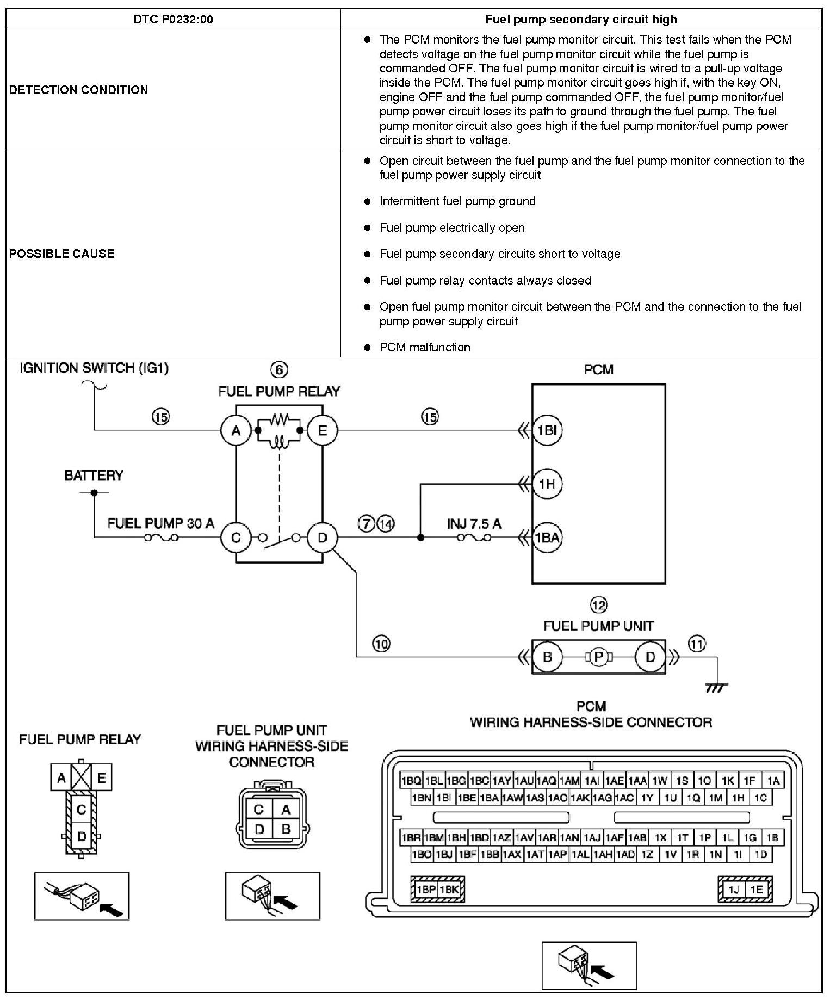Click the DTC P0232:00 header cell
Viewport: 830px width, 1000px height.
tap(173, 20)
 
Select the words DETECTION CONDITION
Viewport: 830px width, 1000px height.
tap(78, 90)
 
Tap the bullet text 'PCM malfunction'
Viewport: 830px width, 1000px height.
tap(424, 347)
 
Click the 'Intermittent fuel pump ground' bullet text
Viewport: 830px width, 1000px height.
tap(457, 201)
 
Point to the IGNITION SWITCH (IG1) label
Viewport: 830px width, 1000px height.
tap(94, 368)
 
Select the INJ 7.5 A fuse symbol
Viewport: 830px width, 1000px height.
tap(474, 538)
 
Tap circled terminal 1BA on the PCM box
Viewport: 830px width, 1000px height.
tap(547, 538)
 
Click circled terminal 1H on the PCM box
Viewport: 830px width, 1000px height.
tap(547, 483)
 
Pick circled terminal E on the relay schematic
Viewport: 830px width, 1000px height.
tap(323, 430)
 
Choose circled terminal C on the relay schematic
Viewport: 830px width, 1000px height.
tap(236, 538)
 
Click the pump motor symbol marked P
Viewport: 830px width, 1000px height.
tap(598, 657)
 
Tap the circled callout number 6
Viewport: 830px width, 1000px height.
tap(279, 370)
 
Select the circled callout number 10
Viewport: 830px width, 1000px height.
tap(381, 644)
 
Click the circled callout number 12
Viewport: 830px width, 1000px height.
tap(598, 604)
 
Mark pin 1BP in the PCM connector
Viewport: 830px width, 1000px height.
tap(426, 890)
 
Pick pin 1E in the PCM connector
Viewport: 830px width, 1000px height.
tap(757, 890)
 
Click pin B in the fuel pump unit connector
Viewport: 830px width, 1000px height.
tap(285, 830)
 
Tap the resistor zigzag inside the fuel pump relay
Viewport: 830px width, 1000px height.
tap(279, 419)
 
